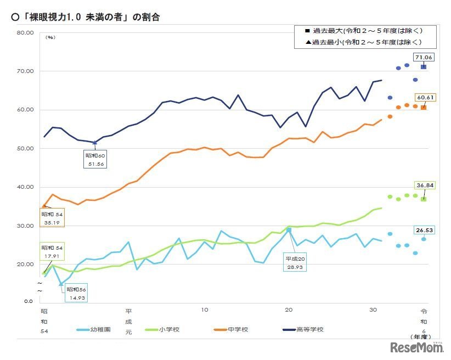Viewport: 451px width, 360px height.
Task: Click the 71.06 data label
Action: tap(424, 57)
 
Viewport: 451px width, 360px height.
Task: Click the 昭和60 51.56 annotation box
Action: tap(94, 160)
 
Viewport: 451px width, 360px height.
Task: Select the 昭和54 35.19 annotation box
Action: tap(52, 218)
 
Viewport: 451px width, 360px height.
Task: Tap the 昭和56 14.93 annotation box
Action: tap(76, 293)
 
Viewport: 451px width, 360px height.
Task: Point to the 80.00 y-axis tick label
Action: tap(26, 32)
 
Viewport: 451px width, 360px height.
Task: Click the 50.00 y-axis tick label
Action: tap(26, 149)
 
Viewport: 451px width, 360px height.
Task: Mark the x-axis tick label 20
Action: tap(289, 310)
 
